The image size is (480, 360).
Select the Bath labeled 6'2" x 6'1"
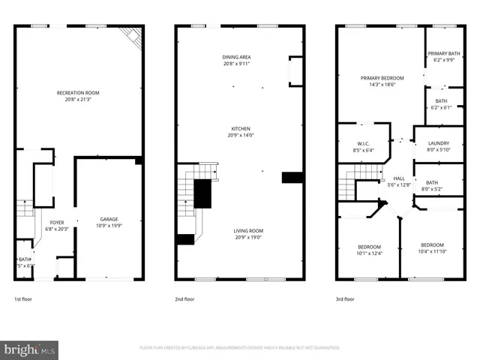click(x=442, y=103)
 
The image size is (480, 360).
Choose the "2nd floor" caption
click(x=185, y=298)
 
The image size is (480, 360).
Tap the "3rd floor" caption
click(x=346, y=298)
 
